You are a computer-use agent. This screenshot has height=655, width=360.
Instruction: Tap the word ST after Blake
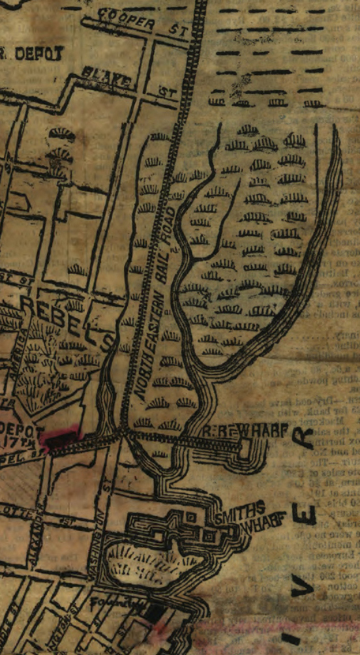[165, 92]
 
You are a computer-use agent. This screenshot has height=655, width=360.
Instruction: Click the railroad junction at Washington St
[123, 436]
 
